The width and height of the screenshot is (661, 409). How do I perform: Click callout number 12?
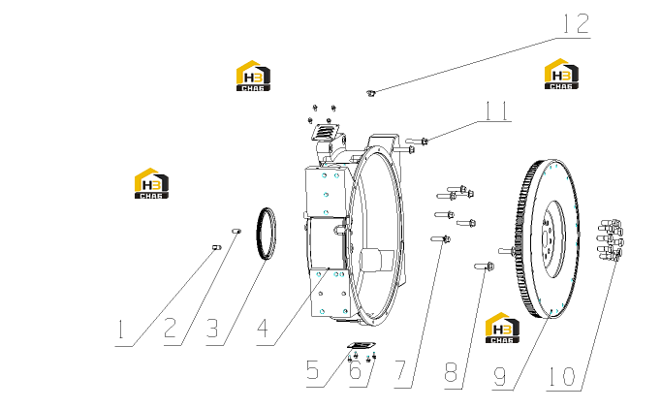coord(577,23)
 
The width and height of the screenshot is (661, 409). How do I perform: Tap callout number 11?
coord(497,110)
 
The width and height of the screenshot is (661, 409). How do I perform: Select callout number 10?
coord(561,377)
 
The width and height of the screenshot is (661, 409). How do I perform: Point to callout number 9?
coord(499,377)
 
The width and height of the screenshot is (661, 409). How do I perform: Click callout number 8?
coord(451,373)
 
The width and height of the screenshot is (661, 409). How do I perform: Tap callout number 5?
coord(313,370)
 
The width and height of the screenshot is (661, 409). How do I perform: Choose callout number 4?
coord(263,329)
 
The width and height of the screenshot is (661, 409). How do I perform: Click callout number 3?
coord(212,329)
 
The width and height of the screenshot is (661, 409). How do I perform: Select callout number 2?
coord(170,328)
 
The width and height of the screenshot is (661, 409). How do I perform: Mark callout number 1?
coord(121,330)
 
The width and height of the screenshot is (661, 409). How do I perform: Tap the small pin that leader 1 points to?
coord(217,247)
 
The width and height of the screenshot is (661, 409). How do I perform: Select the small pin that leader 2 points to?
coord(236,231)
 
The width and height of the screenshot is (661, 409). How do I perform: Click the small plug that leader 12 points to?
coord(370,92)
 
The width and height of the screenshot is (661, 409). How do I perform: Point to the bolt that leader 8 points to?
coord(485,267)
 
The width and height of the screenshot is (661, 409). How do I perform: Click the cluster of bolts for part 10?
coord(611,240)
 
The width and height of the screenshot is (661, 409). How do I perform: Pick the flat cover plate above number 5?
coord(362,345)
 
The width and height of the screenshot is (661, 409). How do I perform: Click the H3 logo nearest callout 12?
coord(561,74)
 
